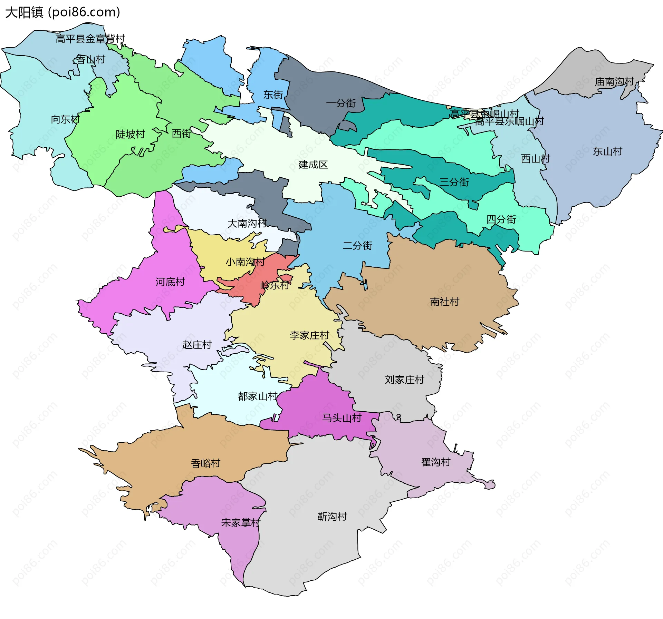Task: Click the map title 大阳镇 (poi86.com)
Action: (63, 12)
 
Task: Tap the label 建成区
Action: (313, 165)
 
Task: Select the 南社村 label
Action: (444, 302)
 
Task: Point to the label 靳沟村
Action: (332, 517)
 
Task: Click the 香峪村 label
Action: (205, 463)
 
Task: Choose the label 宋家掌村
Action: (241, 523)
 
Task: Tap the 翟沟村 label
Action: (436, 462)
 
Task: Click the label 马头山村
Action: (342, 418)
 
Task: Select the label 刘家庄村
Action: (404, 380)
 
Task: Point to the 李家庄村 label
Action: (309, 335)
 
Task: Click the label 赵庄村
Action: (196, 345)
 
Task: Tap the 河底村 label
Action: (170, 282)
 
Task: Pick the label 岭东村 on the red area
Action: (275, 285)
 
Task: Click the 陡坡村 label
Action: (130, 134)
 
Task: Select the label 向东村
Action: (65, 119)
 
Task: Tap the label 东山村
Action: (607, 151)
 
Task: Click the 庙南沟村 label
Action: (614, 81)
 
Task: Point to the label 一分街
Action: (340, 103)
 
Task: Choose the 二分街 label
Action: (357, 245)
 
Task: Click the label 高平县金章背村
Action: (90, 39)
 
